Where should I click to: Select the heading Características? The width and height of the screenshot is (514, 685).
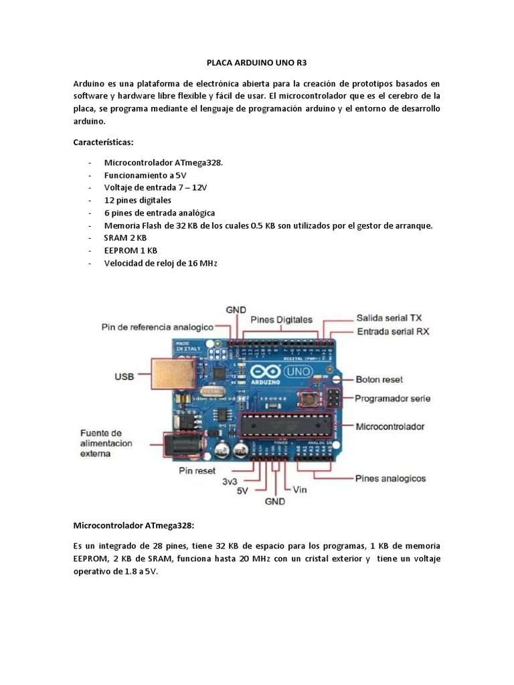coord(103,142)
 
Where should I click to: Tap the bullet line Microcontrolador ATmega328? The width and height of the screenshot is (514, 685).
coord(159,163)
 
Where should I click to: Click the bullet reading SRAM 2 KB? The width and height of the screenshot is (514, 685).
coord(125,238)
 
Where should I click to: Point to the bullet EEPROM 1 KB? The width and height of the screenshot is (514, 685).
coord(131,251)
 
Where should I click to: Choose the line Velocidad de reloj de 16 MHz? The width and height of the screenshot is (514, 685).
coord(161,264)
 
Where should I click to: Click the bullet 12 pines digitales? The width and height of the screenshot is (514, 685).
coord(138,201)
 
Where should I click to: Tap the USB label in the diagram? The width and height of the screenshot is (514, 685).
coord(124,377)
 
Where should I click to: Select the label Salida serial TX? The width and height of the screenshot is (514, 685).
coord(389,318)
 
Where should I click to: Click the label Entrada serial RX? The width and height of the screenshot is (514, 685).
coord(393,331)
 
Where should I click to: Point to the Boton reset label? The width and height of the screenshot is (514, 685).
coord(379,379)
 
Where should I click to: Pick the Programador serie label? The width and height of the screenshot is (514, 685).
coord(392,399)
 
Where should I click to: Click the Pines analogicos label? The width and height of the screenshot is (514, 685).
coord(390,479)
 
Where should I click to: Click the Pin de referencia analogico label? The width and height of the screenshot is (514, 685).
coord(157,327)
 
